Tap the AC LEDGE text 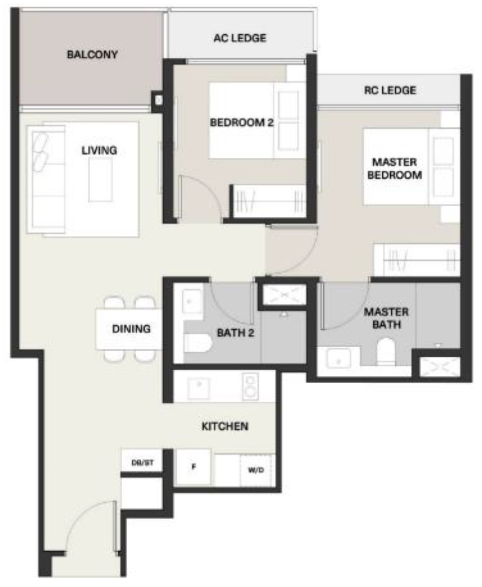pyautogui.click(x=239, y=39)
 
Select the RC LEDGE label pyautogui.click(x=390, y=90)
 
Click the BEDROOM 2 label pyautogui.click(x=241, y=123)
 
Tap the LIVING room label pyautogui.click(x=99, y=150)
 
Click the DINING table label pyautogui.click(x=131, y=329)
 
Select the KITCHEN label pyautogui.click(x=225, y=427)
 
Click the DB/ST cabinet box pyautogui.click(x=142, y=463)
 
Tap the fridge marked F pyautogui.click(x=193, y=467)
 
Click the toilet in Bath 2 pyautogui.click(x=196, y=343)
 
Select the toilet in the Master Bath pyautogui.click(x=386, y=353)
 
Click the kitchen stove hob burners pyautogui.click(x=249, y=387)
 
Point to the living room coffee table pyautogui.click(x=100, y=179)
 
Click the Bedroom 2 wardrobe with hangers pyautogui.click(x=268, y=200)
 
